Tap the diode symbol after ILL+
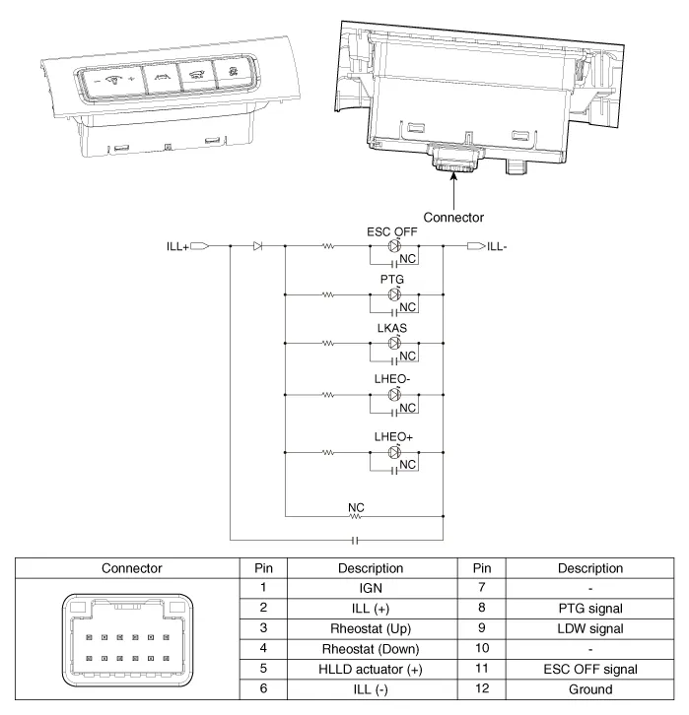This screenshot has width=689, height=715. (257, 246)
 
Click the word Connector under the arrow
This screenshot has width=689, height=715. (452, 217)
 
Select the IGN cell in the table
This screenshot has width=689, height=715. (371, 588)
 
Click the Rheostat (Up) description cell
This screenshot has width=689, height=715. (371, 627)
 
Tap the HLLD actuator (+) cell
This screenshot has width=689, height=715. (371, 669)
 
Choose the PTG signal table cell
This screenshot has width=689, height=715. (590, 608)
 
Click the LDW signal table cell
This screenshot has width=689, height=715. (590, 627)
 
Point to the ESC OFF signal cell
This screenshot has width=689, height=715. (590, 669)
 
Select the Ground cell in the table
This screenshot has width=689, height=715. (590, 689)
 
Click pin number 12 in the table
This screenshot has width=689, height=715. (482, 689)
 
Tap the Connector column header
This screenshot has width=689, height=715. (132, 567)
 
